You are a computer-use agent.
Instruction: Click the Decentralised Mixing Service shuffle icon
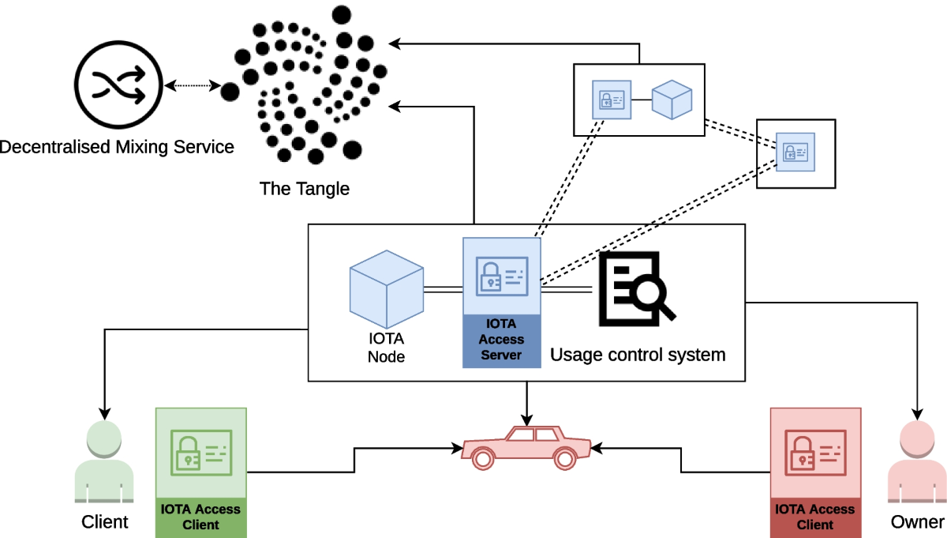click(118, 85)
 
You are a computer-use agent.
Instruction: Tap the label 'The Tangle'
click(304, 189)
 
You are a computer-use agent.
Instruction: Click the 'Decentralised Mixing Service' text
click(117, 147)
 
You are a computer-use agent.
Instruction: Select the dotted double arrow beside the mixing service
click(191, 85)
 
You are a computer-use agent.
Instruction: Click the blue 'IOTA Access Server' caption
click(502, 340)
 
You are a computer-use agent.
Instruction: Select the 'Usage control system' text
click(637, 355)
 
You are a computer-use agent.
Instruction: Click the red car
click(526, 447)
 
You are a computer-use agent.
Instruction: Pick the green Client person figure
click(104, 463)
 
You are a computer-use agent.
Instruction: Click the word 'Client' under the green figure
click(104, 522)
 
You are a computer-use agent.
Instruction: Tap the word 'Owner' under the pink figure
click(917, 522)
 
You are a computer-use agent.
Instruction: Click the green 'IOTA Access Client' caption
click(200, 517)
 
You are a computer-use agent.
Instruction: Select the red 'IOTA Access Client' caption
click(815, 517)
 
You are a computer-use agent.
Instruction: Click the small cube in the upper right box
click(671, 100)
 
